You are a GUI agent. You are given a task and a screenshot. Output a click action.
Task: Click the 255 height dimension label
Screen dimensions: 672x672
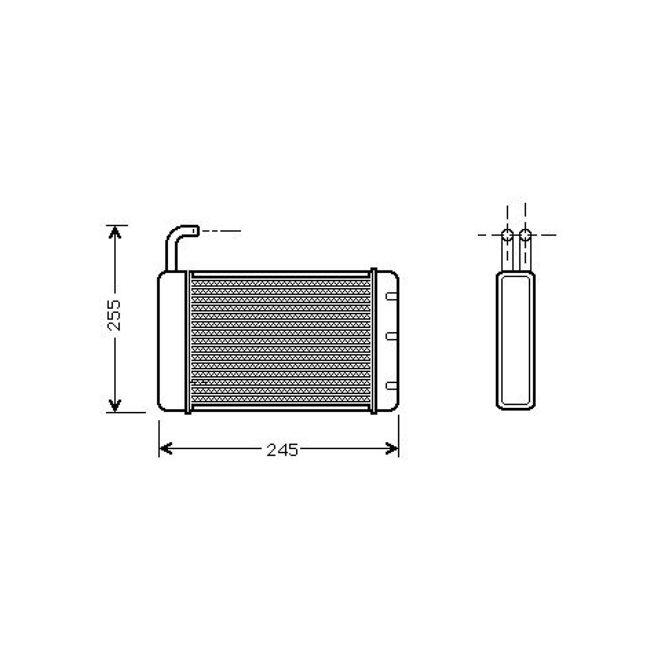(114, 315)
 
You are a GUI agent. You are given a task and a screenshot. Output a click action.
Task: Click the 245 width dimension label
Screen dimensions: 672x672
(282, 450)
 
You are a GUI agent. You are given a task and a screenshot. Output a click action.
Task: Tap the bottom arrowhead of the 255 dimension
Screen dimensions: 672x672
(115, 405)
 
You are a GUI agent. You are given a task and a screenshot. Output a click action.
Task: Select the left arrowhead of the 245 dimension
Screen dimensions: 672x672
(166, 449)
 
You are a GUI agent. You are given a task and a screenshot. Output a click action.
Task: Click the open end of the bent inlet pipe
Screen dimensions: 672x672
(196, 231)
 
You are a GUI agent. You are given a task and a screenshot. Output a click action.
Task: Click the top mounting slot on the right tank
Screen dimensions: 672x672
(391, 296)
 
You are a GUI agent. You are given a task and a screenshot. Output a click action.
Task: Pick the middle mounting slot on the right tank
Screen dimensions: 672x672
(391, 336)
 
